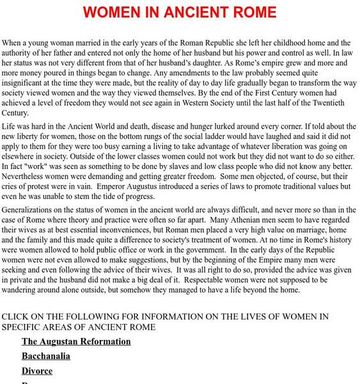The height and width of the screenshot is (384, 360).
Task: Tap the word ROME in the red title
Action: [x=252, y=12]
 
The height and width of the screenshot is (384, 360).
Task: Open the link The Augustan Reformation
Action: [x=76, y=341]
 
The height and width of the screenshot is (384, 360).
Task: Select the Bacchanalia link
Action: [x=46, y=356]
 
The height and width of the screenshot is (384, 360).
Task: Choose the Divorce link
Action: [x=37, y=371]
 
